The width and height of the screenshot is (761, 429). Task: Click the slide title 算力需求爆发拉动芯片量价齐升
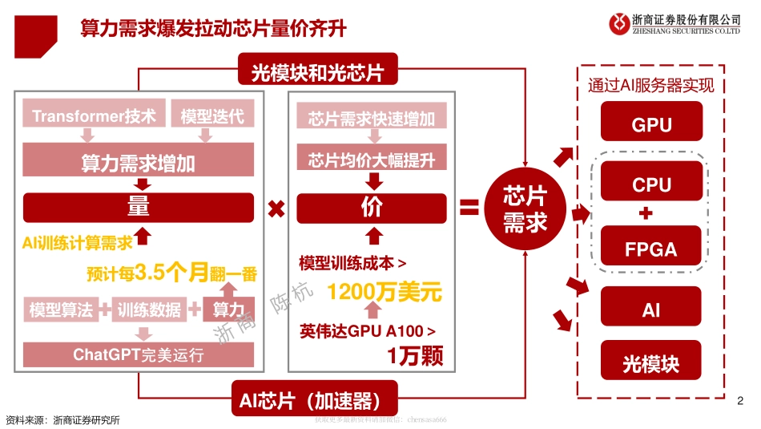point(213,30)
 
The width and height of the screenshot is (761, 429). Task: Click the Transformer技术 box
point(95,115)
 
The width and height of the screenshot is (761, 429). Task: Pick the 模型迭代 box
point(212,115)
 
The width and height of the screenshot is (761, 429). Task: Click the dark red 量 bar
point(139,207)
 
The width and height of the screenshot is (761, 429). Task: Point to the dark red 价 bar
point(372,207)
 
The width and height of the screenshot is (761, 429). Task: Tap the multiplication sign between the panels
point(276,209)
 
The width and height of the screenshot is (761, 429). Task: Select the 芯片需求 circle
point(525,209)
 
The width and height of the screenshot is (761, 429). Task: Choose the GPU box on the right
point(651,125)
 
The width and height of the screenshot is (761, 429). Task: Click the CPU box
point(651,184)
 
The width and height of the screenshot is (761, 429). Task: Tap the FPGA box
point(651,249)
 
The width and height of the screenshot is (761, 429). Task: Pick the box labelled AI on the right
point(651,310)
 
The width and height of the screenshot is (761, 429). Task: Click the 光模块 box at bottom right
point(651,364)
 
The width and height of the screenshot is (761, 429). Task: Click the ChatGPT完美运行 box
point(139,354)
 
